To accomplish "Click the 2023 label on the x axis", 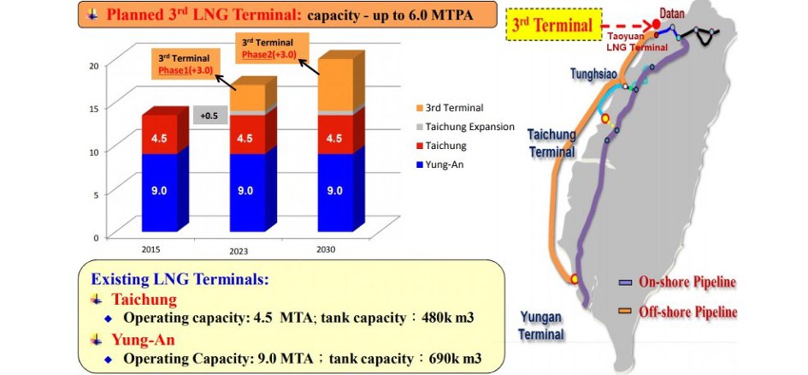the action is (239, 252).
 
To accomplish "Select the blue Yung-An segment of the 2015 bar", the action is (160, 193).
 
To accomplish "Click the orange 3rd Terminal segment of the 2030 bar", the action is (335, 85).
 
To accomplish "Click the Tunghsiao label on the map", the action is (593, 74).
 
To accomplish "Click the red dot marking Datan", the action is (656, 24).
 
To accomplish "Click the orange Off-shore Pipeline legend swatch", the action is (626, 311).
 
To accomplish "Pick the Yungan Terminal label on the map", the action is (541, 325).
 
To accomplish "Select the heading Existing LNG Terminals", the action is (180, 280).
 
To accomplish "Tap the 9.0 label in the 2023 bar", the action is (245, 191).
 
